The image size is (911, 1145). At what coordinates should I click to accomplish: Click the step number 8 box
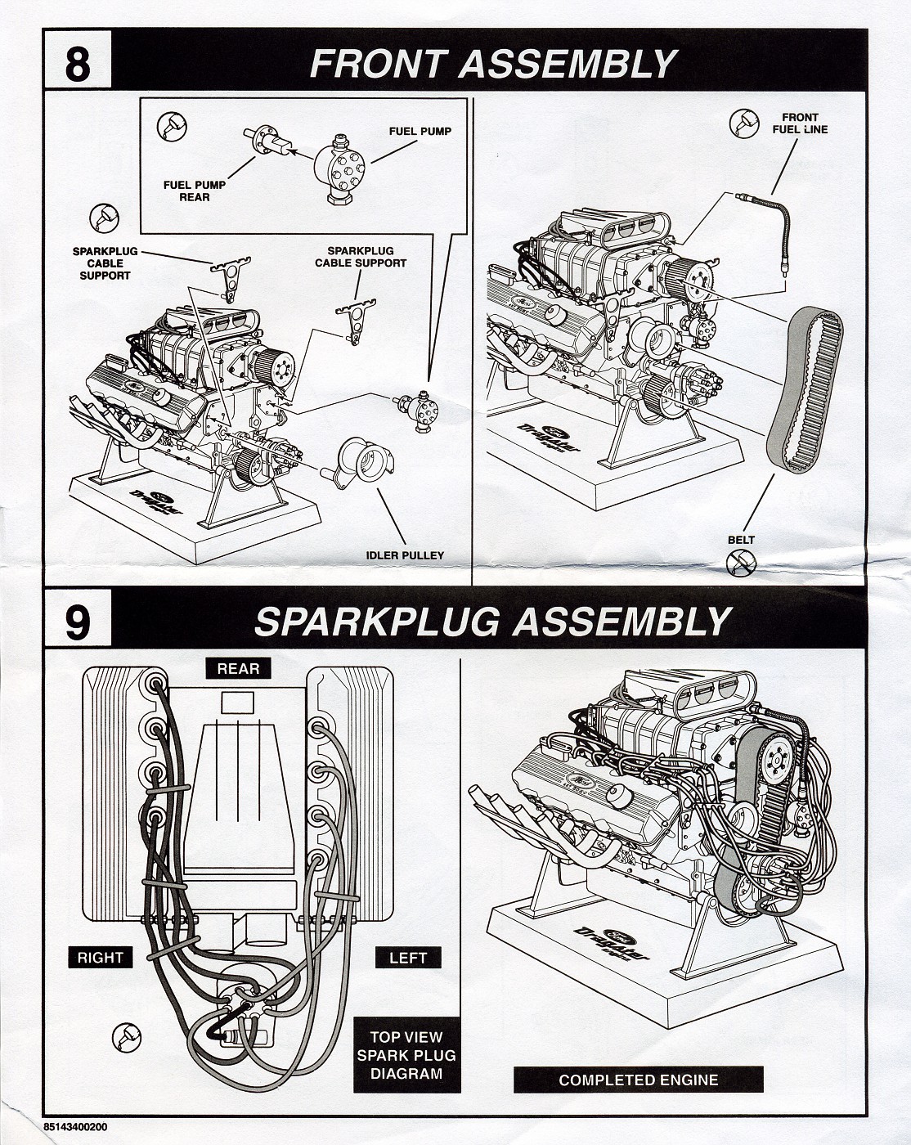77,64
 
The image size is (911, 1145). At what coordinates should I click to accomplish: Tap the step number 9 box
77,623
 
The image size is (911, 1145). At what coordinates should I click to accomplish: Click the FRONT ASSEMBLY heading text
493,64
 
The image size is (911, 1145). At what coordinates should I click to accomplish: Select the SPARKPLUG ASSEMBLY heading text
491,622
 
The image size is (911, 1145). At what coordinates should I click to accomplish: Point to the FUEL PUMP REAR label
194,191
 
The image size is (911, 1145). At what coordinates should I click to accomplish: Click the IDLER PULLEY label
405,555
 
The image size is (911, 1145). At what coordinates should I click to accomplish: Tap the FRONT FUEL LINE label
799,123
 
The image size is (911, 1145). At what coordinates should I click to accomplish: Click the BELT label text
741,540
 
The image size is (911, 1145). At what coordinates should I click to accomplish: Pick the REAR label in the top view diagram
238,668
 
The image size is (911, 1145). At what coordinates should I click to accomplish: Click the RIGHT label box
101,957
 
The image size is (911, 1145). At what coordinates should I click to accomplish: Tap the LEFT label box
407,957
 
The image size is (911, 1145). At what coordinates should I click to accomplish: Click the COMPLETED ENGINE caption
638,1080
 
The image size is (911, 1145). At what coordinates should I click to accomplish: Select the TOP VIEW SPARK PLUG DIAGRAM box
406,1056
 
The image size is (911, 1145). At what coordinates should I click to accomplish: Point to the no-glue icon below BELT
741,562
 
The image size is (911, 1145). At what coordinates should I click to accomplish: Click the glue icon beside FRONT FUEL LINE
743,123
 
